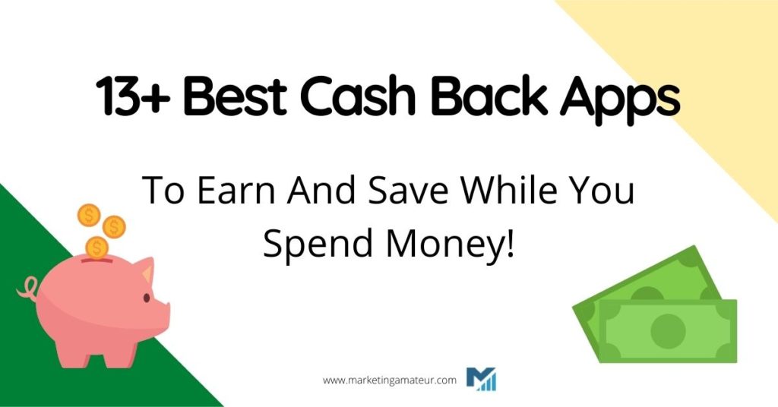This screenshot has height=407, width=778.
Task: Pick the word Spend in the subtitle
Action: click(x=309, y=245)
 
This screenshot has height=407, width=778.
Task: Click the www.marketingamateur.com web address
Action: click(x=390, y=380)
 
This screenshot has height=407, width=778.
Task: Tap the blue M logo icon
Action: click(x=481, y=378)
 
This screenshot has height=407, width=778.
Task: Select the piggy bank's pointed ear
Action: click(x=143, y=270)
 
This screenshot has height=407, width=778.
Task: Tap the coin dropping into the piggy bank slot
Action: click(x=97, y=248)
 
